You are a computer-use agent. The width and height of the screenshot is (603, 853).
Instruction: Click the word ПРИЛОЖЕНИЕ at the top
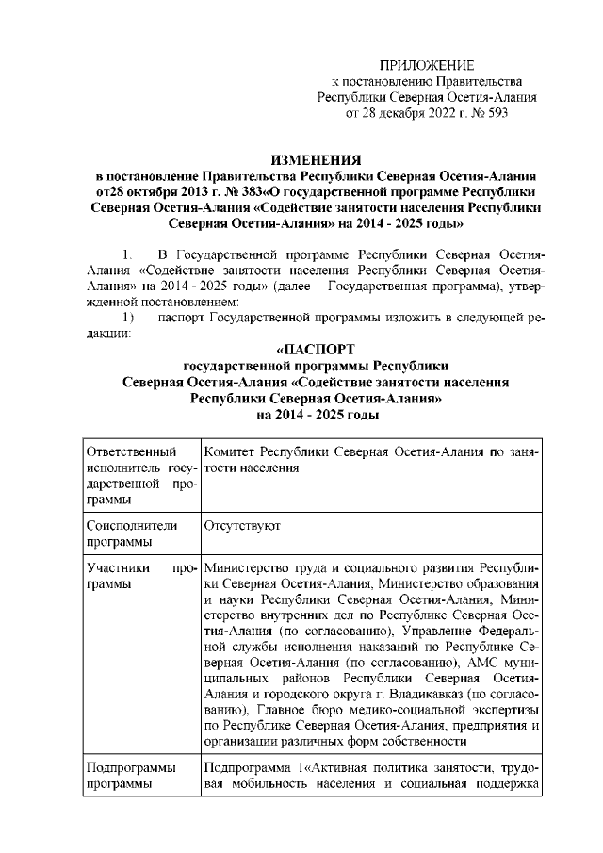426,65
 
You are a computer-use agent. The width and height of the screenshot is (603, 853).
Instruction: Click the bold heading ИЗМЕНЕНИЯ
316,161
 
